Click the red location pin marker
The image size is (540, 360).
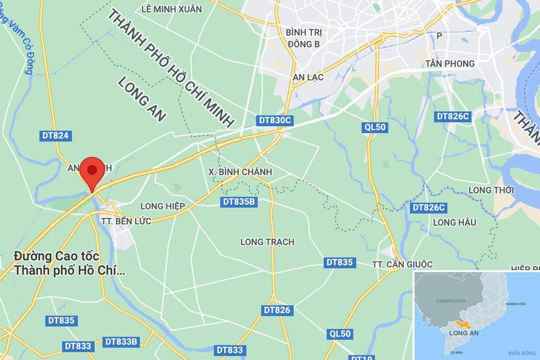[x=92, y=171]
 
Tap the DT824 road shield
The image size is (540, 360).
[x=55, y=136]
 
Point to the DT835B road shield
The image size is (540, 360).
[x=239, y=202]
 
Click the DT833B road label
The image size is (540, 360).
[x=121, y=342]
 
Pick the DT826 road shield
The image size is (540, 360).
[x=277, y=310]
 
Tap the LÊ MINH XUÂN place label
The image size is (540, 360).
[x=172, y=9]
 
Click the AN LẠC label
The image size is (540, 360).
[x=308, y=77]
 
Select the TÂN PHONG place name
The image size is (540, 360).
[x=449, y=63]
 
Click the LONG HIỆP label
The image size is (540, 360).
[x=163, y=206]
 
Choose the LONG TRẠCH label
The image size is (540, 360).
[x=267, y=242]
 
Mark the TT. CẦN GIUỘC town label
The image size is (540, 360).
[x=402, y=265]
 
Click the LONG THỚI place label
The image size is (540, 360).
[x=491, y=190]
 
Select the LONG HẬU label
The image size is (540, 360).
[x=455, y=222]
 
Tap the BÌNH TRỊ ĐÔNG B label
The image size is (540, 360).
[x=303, y=38]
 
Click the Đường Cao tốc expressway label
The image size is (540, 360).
[x=69, y=264]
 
